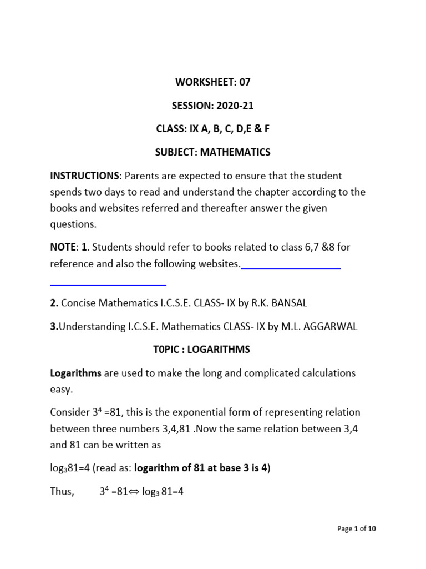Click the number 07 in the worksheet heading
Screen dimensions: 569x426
tap(245, 82)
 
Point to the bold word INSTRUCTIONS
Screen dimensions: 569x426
tap(85, 176)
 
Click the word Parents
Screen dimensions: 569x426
tap(144, 176)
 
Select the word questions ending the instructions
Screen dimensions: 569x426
tap(73, 224)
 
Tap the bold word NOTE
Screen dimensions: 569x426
tap(62, 248)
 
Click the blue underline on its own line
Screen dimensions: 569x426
tap(108, 284)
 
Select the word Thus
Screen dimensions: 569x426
tap(62, 492)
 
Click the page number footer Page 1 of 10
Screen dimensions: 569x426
tap(356, 529)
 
